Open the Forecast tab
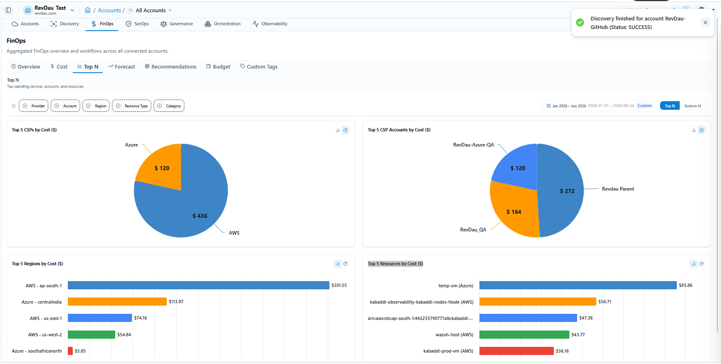[121, 67]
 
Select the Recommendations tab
[170, 67]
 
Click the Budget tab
[218, 67]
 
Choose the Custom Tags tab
[259, 67]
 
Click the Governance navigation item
[177, 24]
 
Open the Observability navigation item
[270, 24]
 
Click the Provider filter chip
[34, 106]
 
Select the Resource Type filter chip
[132, 106]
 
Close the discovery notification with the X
[705, 23]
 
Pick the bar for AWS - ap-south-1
[198, 285]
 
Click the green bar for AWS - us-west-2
[92, 335]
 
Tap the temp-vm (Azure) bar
[578, 285]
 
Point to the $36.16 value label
[562, 351]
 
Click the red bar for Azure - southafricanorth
[70, 351]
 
